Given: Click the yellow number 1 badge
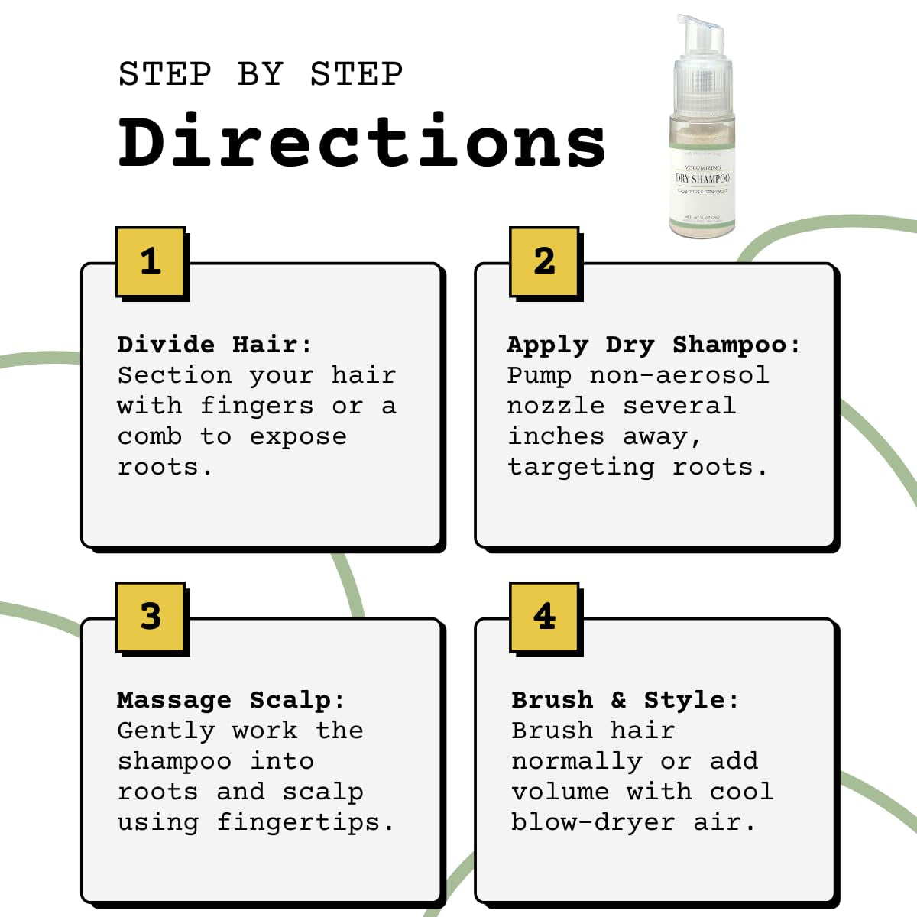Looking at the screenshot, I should [x=151, y=261].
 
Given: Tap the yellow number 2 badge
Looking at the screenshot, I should [x=544, y=261].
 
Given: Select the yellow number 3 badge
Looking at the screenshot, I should [x=151, y=617].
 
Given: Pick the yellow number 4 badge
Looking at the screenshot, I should [x=544, y=617].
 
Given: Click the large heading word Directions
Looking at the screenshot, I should [x=362, y=142].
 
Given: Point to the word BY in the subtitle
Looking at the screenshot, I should [x=261, y=74].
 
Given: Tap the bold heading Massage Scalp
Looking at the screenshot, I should [x=230, y=700].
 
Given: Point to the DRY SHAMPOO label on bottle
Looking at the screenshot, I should [x=702, y=179].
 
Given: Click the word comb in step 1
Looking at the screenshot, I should [x=150, y=436].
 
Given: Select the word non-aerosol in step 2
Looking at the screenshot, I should [x=679, y=375].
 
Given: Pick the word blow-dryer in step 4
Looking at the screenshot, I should [x=593, y=823].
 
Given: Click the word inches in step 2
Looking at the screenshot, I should [x=556, y=436].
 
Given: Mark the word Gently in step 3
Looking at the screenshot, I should [x=166, y=731].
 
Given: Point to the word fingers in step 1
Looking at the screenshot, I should [x=256, y=407].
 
